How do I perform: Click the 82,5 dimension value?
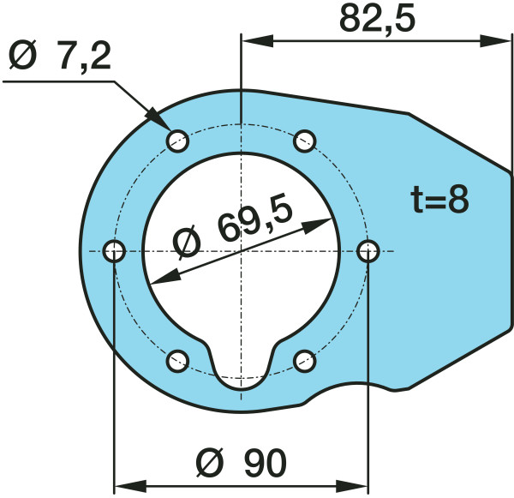click(377, 18)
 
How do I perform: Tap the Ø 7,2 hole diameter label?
click(60, 55)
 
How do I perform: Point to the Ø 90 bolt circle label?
click(241, 462)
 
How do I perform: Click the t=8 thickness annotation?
click(439, 200)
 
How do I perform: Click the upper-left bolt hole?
click(177, 141)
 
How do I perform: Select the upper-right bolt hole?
click(305, 141)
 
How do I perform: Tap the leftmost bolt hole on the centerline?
click(114, 251)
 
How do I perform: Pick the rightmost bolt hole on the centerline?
click(368, 251)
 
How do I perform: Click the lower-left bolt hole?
click(177, 361)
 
